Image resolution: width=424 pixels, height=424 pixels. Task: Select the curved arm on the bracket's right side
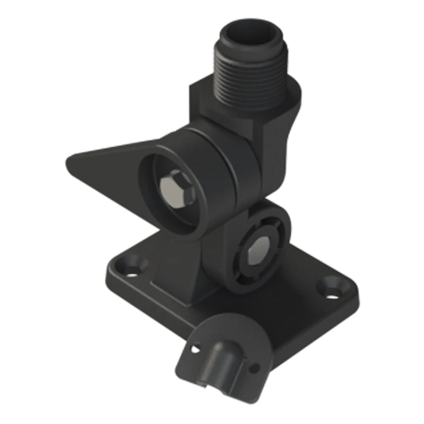click(280, 153)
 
